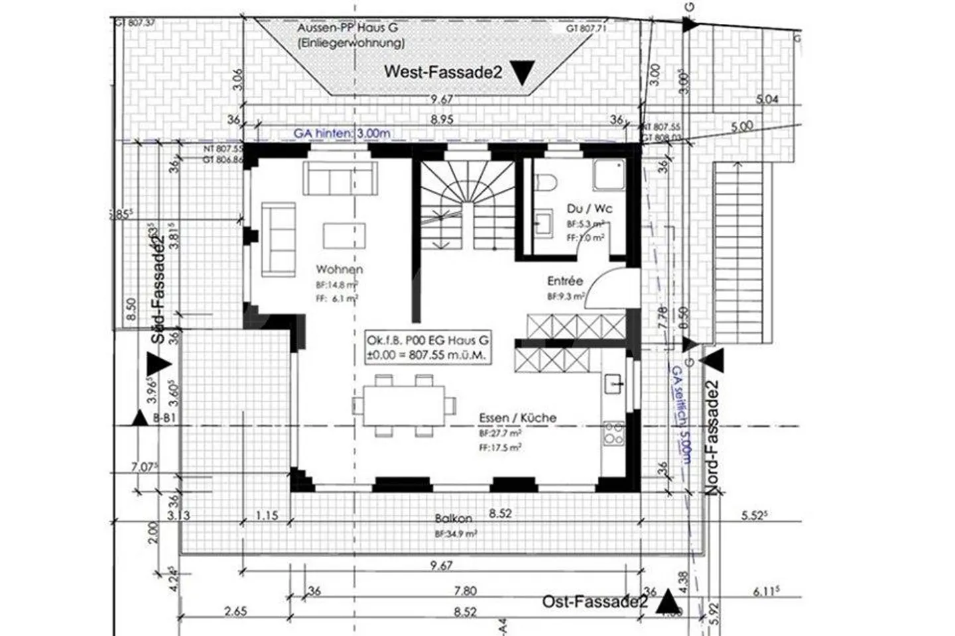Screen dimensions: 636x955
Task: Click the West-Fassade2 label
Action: click(443, 72)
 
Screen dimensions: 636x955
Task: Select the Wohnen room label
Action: click(339, 270)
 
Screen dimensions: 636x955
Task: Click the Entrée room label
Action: click(565, 281)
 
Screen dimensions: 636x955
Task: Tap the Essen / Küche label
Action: click(518, 418)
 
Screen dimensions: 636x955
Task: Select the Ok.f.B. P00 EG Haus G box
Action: click(428, 347)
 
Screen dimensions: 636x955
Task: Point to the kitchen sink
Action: click(613, 384)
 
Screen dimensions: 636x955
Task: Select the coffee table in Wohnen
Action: click(344, 235)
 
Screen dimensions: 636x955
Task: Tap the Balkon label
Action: click(454, 519)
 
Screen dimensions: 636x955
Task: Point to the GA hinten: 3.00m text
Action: click(342, 133)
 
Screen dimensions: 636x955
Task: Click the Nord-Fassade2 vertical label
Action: click(712, 438)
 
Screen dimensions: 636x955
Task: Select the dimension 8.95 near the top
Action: click(442, 120)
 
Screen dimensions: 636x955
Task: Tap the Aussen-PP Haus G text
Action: click(351, 28)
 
